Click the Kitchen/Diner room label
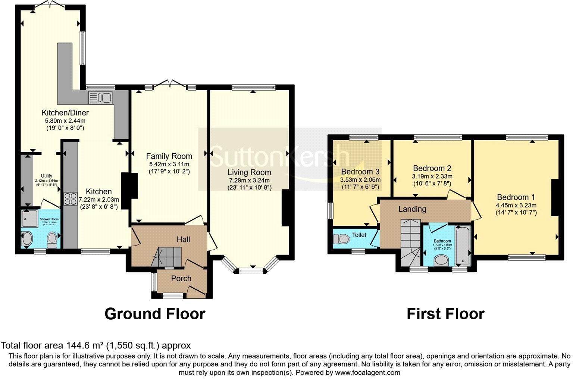pyautogui.click(x=65, y=112)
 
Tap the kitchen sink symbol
pyautogui.click(x=100, y=98)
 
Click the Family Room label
pyautogui.click(x=169, y=156)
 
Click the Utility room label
pyautogui.click(x=47, y=176)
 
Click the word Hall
pyautogui.click(x=183, y=239)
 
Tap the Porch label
pyautogui.click(x=181, y=278)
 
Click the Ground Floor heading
pyautogui.click(x=155, y=314)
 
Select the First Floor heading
pyautogui.click(x=445, y=314)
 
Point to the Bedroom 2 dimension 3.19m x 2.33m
pyautogui.click(x=432, y=176)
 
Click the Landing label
pyautogui.click(x=412, y=209)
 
